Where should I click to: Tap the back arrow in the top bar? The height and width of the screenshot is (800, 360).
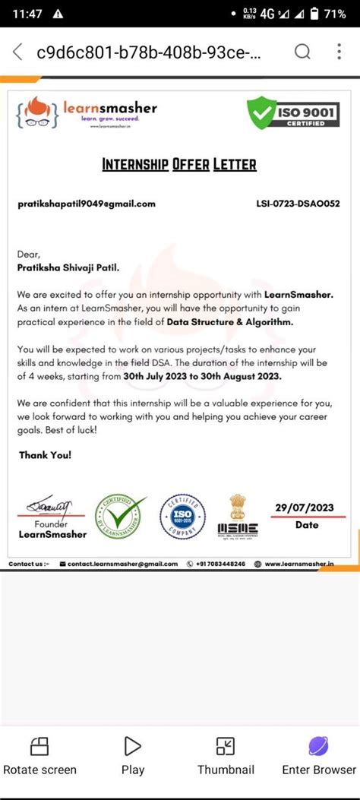(x=17, y=52)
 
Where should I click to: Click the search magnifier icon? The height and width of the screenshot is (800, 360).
(x=302, y=52)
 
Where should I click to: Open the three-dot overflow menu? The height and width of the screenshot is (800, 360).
(x=339, y=52)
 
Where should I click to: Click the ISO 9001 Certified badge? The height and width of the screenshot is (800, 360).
(x=294, y=113)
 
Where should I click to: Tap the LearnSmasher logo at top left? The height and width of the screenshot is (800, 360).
(x=87, y=112)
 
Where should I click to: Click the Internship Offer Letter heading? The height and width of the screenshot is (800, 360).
(x=179, y=164)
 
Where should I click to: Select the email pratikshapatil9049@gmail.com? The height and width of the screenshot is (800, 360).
(x=87, y=204)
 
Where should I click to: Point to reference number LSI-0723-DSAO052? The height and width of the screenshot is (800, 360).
(x=298, y=204)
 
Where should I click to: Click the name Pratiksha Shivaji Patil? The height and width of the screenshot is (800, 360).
(x=68, y=267)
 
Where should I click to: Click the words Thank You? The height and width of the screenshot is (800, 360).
(x=45, y=454)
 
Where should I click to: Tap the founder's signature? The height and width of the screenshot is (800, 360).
(x=50, y=505)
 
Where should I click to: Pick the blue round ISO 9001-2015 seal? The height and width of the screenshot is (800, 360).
(x=183, y=517)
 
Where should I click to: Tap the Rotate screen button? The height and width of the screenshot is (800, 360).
(x=39, y=755)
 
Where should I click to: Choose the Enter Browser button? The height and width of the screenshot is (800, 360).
(x=318, y=755)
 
